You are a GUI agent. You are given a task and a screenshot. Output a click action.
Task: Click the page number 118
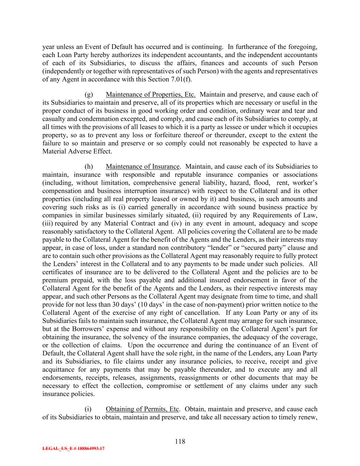click(x=180, y=441)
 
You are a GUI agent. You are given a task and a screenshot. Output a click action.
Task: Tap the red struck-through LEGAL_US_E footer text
click(x=73, y=449)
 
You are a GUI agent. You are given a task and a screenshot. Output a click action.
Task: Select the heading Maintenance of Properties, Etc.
click(x=150, y=95)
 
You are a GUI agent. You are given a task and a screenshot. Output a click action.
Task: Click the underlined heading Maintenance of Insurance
click(x=142, y=167)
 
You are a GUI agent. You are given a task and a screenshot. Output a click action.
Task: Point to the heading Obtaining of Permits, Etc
click(x=142, y=409)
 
